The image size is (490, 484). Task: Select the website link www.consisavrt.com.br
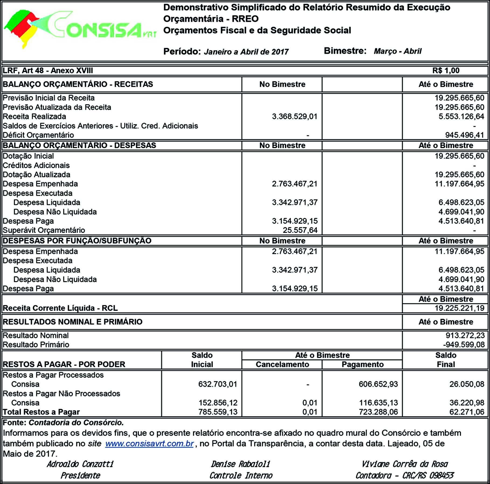pos(149,444)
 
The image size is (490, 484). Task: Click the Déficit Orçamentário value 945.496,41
pos(465,135)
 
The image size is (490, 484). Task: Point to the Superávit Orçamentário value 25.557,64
pos(300,230)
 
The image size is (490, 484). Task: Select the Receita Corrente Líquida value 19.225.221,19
pos(459,308)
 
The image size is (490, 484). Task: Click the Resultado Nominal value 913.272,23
pos(465,335)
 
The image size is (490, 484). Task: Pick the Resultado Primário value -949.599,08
pos(464,344)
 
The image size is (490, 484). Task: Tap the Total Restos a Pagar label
pos(41,412)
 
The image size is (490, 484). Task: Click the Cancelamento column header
pos(282,364)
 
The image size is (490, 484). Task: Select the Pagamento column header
pos(362,364)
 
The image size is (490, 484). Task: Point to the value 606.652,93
pos(378,384)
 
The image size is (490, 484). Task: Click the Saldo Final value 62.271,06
pos(467,412)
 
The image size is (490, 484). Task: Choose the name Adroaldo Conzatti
pos(80,464)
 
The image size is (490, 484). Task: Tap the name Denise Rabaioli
pos(240,464)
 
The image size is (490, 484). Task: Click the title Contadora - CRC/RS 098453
pos(404,475)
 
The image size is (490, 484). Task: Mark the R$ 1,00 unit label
pos(446,70)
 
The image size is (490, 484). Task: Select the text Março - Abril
pos(397,51)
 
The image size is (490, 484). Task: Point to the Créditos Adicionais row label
pos(36,165)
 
